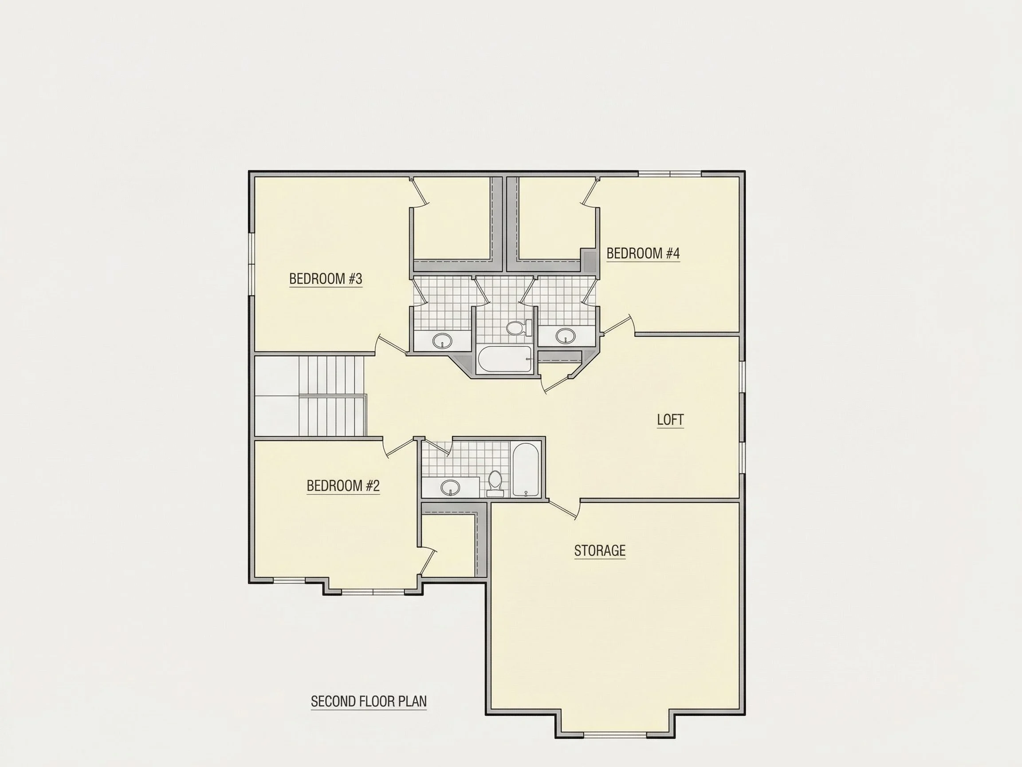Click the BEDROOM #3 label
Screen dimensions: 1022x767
[325, 279]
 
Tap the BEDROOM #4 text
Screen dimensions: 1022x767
[643, 253]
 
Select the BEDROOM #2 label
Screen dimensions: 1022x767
[343, 486]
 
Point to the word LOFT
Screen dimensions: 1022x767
[670, 419]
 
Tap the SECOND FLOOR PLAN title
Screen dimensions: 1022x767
[369, 701]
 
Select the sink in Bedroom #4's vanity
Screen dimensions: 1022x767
[566, 335]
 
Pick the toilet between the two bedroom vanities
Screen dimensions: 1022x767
[519, 328]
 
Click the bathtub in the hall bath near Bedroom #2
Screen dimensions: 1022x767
[526, 470]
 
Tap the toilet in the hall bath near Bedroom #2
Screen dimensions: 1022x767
[495, 483]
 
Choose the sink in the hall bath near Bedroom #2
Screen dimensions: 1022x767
[450, 487]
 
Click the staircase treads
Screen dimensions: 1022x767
[332, 395]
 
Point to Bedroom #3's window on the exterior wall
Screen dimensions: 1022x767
[252, 264]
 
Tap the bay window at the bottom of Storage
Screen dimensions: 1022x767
[615, 735]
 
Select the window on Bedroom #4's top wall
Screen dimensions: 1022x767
[670, 174]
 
